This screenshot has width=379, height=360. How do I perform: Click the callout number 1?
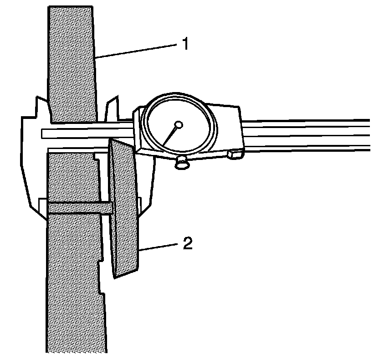click(185, 44)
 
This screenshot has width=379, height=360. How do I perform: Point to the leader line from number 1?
click(137, 50)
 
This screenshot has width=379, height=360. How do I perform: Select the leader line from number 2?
click(159, 247)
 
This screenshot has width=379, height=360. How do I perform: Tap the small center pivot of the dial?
click(179, 124)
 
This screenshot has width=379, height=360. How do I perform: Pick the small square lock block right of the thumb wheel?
click(235, 154)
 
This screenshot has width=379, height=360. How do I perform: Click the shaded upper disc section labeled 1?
click(72, 64)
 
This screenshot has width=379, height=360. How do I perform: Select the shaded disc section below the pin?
click(73, 283)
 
